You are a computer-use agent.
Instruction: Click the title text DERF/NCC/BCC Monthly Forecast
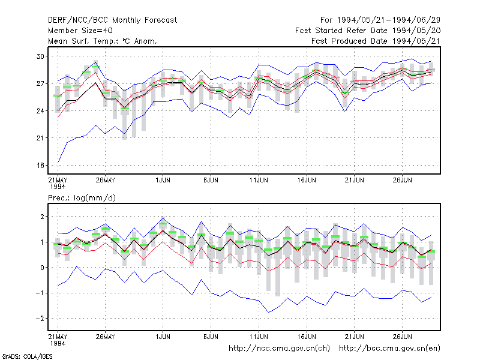pyautogui.click(x=112, y=20)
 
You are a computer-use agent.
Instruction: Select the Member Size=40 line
pyautogui.click(x=80, y=31)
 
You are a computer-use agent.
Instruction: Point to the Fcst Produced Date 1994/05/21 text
pyautogui.click(x=376, y=41)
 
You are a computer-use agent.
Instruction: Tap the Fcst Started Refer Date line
pyautogui.click(x=368, y=31)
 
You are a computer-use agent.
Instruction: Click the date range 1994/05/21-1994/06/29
pyautogui.click(x=389, y=20)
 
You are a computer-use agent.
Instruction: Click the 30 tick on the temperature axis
pyautogui.click(x=40, y=56)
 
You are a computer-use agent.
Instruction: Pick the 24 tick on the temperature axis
pyautogui.click(x=40, y=111)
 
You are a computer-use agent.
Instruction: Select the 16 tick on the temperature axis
pyautogui.click(x=40, y=166)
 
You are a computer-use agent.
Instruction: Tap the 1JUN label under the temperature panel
pyautogui.click(x=163, y=180)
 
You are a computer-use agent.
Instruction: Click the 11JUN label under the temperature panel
pyautogui.click(x=259, y=180)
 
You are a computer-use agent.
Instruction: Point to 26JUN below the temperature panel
pyautogui.click(x=402, y=180)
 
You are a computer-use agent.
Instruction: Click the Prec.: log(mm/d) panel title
pyautogui.click(x=82, y=198)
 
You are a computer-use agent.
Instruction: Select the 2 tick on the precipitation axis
pyautogui.click(x=42, y=217)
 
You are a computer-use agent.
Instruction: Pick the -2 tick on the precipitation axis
pyautogui.click(x=40, y=319)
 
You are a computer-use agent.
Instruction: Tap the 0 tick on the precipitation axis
pyautogui.click(x=42, y=268)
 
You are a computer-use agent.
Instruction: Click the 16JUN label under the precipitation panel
pyautogui.click(x=307, y=337)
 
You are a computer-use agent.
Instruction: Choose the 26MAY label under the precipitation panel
pyautogui.click(x=106, y=337)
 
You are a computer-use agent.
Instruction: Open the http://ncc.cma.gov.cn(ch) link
pyautogui.click(x=279, y=349)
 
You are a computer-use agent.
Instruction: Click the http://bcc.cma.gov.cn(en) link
pyautogui.click(x=389, y=349)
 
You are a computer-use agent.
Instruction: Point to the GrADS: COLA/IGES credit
pyautogui.click(x=28, y=356)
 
